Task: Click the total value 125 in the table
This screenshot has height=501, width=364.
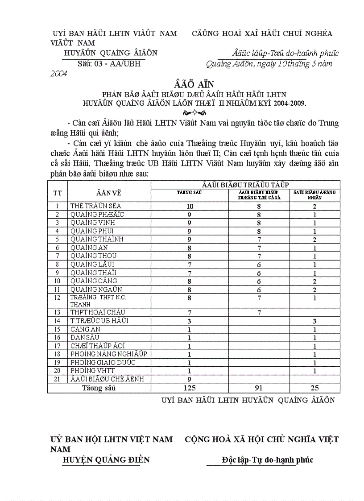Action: tap(190, 388)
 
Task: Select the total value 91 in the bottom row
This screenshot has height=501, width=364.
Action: tap(259, 388)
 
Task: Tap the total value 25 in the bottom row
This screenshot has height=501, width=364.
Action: tap(314, 388)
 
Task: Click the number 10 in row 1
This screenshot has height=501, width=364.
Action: tap(190, 206)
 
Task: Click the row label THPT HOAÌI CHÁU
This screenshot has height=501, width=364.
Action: tap(97, 312)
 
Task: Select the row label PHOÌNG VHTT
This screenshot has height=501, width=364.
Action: tap(92, 371)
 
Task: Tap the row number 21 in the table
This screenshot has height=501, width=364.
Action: tap(57, 379)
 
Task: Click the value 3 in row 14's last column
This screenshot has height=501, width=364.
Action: tap(314, 321)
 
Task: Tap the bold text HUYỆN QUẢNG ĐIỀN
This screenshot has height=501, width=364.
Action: tap(106, 460)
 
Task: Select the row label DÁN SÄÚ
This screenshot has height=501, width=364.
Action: tap(85, 337)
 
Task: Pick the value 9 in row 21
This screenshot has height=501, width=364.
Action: tap(190, 379)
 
